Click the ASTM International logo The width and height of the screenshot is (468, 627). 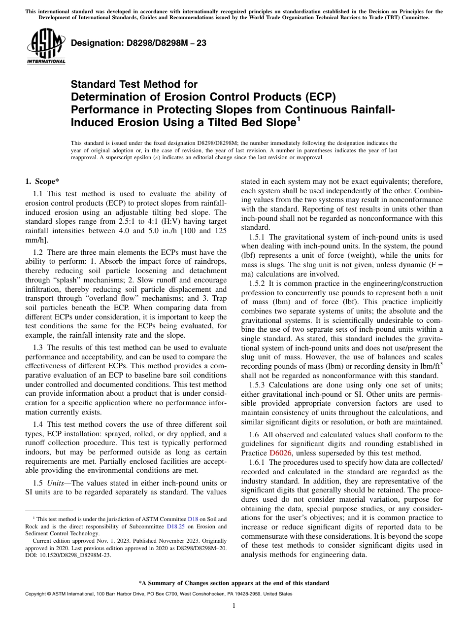(x=46, y=46)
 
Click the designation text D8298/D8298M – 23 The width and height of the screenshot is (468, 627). (x=138, y=43)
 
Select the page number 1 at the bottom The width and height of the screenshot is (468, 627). (x=234, y=605)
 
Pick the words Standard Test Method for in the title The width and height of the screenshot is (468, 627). (x=134, y=84)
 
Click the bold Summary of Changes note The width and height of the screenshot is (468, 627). (x=234, y=583)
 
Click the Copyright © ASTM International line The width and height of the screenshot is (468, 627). (x=158, y=594)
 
